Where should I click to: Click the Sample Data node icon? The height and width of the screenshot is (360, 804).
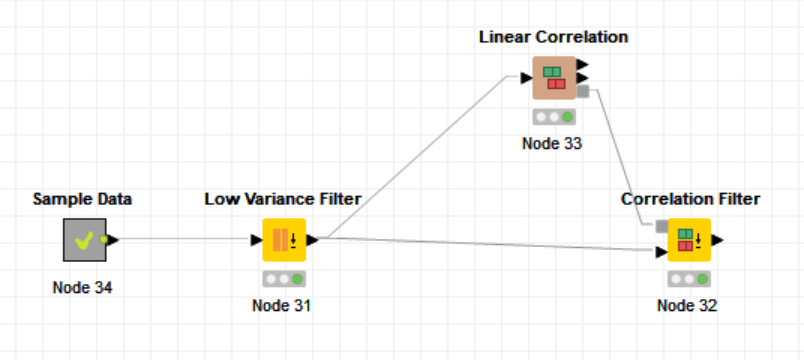coord(84,240)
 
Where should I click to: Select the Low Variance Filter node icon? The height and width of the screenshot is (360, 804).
coord(284,240)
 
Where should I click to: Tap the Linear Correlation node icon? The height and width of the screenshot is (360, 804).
coord(553,78)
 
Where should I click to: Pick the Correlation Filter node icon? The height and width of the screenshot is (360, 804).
coord(689,240)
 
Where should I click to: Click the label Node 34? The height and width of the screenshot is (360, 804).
coord(83,288)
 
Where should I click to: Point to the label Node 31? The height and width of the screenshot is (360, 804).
coord(282,305)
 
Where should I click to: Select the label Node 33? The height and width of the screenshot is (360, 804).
coord(552,143)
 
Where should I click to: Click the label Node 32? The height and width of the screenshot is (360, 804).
coord(687,305)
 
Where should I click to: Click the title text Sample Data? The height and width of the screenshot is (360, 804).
coord(82,199)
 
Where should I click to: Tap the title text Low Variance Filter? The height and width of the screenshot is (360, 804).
coord(283,199)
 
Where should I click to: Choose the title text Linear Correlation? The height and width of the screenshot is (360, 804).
coord(553,37)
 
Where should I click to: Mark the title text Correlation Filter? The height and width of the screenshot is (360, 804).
coord(690,199)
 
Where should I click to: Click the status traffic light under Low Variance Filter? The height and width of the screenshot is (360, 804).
coord(284,279)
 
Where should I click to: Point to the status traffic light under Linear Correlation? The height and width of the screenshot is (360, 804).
coord(553,117)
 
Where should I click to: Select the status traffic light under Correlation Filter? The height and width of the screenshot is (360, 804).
coord(689,279)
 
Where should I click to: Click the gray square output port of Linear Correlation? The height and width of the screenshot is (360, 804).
coord(583,92)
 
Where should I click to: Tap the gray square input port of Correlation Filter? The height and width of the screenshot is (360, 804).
coord(661,226)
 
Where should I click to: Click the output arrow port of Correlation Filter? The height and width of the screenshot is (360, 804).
coord(718,240)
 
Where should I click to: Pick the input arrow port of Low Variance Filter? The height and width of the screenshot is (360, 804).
coord(257,240)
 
